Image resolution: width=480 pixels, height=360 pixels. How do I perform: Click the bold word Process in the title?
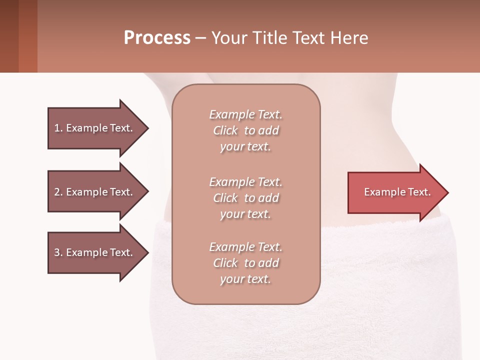pyautogui.click(x=157, y=38)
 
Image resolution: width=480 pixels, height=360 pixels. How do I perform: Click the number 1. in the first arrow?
pyautogui.click(x=58, y=128)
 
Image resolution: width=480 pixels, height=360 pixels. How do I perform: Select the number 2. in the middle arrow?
pyautogui.click(x=58, y=192)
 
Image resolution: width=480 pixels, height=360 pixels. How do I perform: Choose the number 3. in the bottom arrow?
pyautogui.click(x=58, y=252)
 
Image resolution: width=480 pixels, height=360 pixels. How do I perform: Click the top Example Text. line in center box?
pyautogui.click(x=245, y=114)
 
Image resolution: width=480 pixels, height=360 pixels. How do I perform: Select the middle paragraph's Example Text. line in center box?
pyautogui.click(x=245, y=182)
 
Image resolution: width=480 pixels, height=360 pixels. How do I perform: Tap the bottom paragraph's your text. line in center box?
pyautogui.click(x=245, y=279)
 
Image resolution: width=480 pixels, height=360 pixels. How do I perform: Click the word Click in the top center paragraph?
pyautogui.click(x=225, y=130)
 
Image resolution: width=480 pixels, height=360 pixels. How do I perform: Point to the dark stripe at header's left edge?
pyautogui.click(x=9, y=36)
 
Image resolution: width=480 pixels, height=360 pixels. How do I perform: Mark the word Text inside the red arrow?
pyautogui.click(x=419, y=192)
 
